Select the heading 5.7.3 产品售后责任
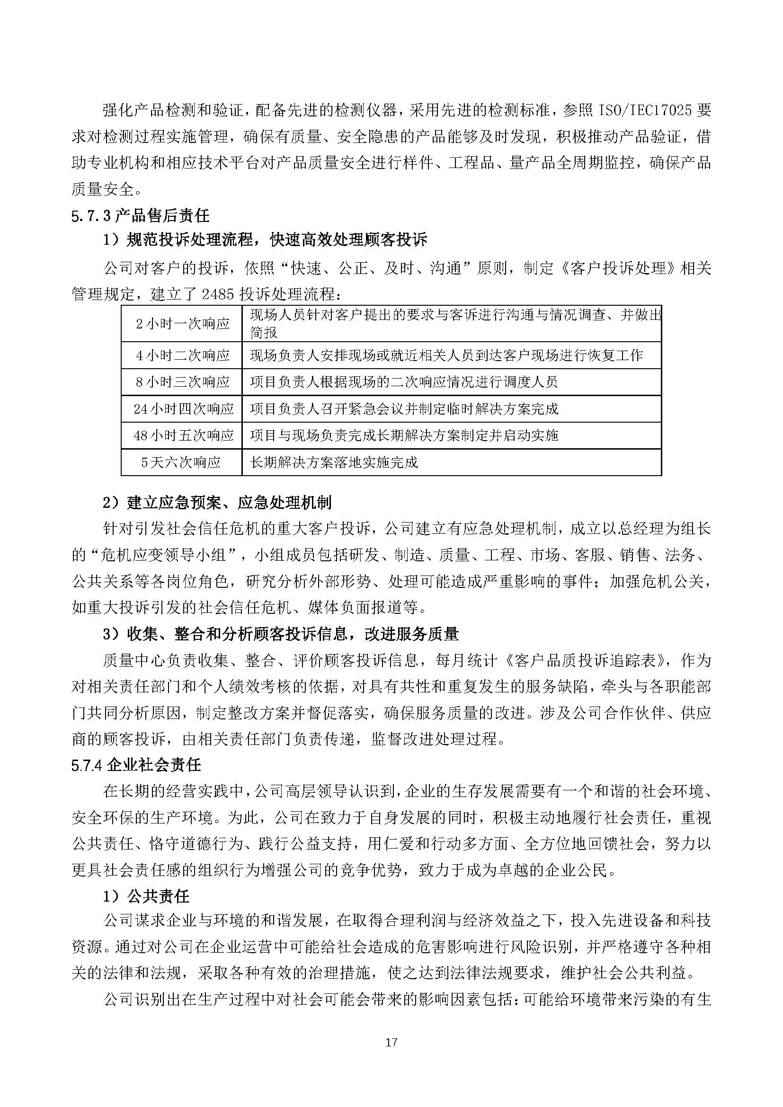(140, 215)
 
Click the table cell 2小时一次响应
(182, 324)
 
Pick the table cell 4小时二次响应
(182, 356)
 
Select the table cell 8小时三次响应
(182, 382)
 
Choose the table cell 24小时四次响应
(183, 409)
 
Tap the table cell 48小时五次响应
(183, 436)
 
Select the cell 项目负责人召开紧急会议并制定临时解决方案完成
(404, 409)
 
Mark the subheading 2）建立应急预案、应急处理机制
(217, 503)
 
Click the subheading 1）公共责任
(146, 896)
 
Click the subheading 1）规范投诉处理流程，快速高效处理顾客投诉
(265, 239)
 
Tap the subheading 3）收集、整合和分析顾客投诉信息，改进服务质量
(281, 634)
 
